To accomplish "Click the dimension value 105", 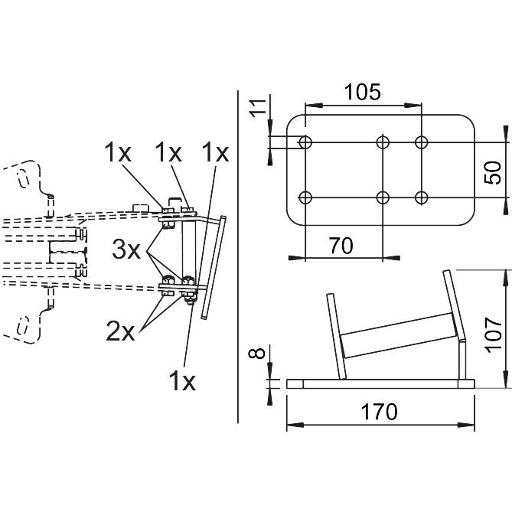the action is (x=363, y=92).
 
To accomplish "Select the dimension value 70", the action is (x=341, y=246).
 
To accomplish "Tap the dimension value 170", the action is (x=379, y=412).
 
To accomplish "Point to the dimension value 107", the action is (x=493, y=335).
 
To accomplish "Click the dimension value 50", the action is (x=493, y=173).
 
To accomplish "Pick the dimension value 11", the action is (x=258, y=108).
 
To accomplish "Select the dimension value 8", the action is (x=257, y=354).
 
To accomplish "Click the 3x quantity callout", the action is (x=126, y=249).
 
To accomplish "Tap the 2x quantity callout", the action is (x=120, y=332).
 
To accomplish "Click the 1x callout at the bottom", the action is (x=182, y=381).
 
